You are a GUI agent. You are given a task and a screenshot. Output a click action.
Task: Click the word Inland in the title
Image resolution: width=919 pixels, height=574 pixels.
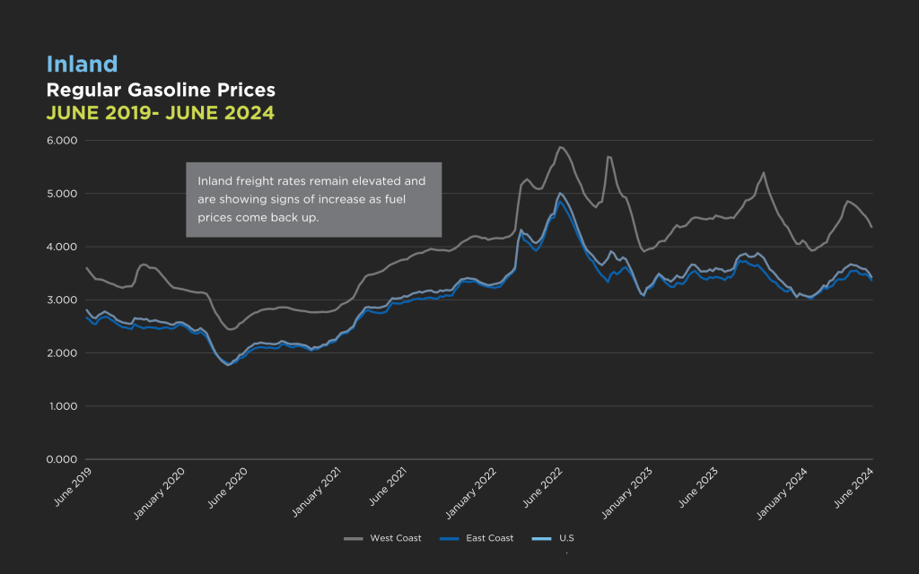82,65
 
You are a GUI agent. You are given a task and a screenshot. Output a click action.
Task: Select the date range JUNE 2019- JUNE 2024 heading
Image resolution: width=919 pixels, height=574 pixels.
160,113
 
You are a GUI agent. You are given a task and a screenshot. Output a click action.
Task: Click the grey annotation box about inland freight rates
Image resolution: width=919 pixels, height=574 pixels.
313,199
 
